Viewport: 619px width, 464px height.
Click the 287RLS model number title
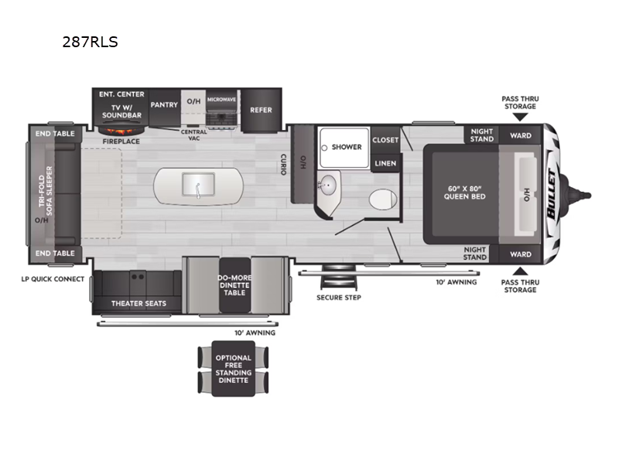point(90,43)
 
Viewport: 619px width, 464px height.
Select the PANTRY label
point(164,104)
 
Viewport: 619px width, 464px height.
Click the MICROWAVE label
point(221,100)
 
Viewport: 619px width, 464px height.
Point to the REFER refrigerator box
point(261,110)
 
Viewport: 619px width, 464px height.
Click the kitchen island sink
point(197,186)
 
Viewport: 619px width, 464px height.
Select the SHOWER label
point(347,147)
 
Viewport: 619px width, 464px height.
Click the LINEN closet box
point(385,163)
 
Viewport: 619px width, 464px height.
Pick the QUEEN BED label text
point(464,192)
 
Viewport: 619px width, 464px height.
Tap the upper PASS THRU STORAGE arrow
point(519,117)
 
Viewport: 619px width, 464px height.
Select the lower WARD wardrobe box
point(521,254)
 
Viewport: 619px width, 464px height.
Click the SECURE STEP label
point(338,297)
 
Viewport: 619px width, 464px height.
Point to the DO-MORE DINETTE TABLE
point(234,283)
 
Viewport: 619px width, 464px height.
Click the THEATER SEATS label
point(138,303)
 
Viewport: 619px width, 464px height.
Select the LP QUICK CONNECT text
point(53,278)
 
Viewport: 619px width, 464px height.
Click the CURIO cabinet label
point(284,162)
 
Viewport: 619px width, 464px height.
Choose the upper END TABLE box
point(54,133)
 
